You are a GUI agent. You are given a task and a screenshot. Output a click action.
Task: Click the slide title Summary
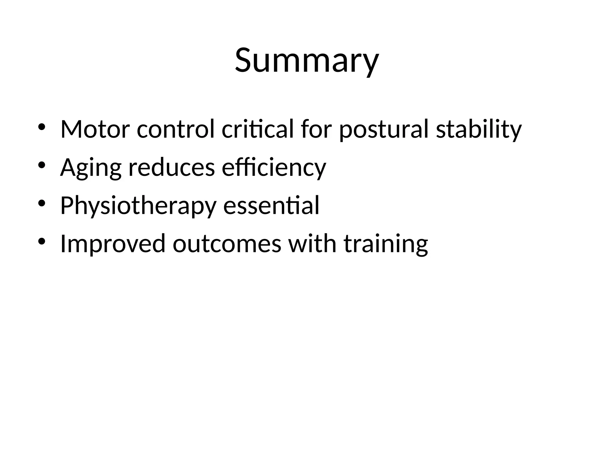point(307,61)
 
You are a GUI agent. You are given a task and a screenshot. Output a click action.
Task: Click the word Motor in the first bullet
point(95,129)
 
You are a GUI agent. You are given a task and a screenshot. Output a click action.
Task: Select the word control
point(176,129)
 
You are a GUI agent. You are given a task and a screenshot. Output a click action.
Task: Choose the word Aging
point(91,168)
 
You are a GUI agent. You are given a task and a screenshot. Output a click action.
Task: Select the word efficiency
point(273,168)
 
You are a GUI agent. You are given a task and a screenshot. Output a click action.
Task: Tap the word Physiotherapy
point(138,206)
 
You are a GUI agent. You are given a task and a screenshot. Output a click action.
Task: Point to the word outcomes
point(227,244)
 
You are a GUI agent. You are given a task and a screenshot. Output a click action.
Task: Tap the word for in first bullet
point(316,129)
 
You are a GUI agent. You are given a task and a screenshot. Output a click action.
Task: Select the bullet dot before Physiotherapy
point(42,203)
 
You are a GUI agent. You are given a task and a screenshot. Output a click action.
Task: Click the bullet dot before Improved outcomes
point(42,241)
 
